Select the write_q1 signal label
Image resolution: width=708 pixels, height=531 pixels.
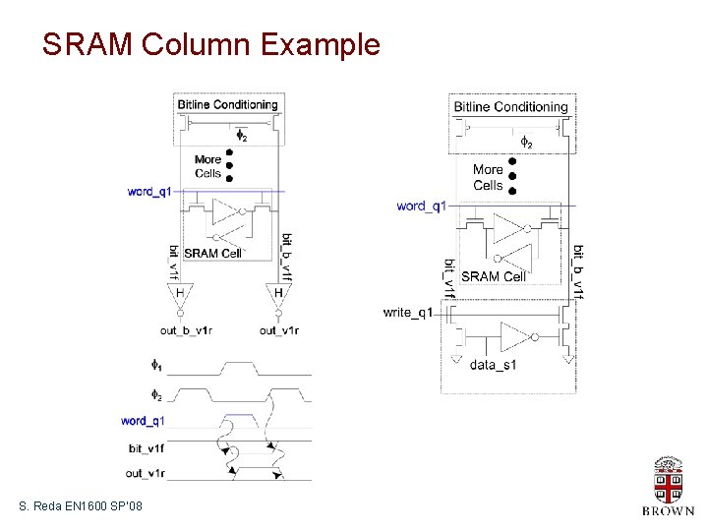tap(408, 313)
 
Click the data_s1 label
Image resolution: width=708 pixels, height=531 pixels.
tap(493, 365)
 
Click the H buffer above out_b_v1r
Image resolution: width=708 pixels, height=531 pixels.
tap(180, 293)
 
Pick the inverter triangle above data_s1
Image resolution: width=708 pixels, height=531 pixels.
tap(513, 335)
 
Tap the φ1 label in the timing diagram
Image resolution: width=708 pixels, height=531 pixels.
tap(156, 365)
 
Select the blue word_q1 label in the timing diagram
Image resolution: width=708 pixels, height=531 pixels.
tap(143, 421)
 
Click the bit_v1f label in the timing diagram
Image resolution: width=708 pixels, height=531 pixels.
tap(147, 448)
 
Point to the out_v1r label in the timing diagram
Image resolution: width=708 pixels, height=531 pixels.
tap(146, 474)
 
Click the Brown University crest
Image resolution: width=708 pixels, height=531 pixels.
tap(668, 479)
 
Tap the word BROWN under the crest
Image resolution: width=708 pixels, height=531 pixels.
tap(668, 510)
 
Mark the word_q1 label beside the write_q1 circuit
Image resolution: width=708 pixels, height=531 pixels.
tap(421, 206)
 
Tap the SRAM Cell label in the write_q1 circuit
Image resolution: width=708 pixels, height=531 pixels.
tap(494, 276)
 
